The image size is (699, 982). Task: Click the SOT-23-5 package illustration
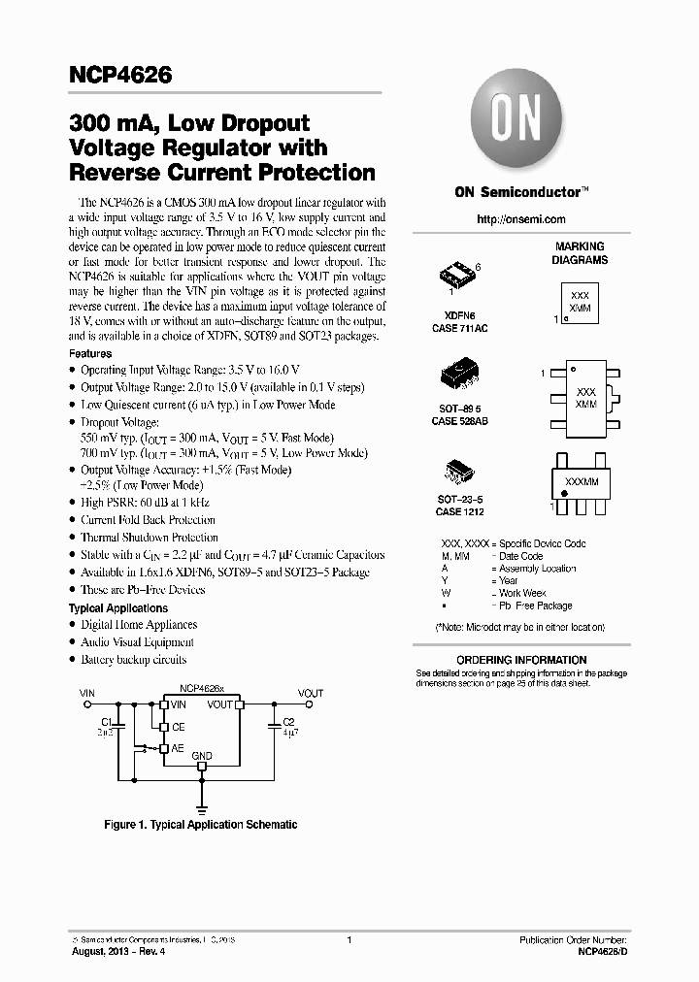(x=457, y=473)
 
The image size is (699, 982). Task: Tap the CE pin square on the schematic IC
(x=165, y=727)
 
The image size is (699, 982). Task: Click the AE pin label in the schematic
(x=179, y=748)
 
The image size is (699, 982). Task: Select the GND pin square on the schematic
(x=202, y=766)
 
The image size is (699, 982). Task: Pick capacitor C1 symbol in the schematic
(x=118, y=724)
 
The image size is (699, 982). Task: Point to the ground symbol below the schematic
(x=202, y=806)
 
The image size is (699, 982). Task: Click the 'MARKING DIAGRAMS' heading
(x=580, y=253)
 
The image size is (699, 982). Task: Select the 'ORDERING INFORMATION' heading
(x=521, y=658)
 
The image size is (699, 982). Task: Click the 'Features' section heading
(x=90, y=354)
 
